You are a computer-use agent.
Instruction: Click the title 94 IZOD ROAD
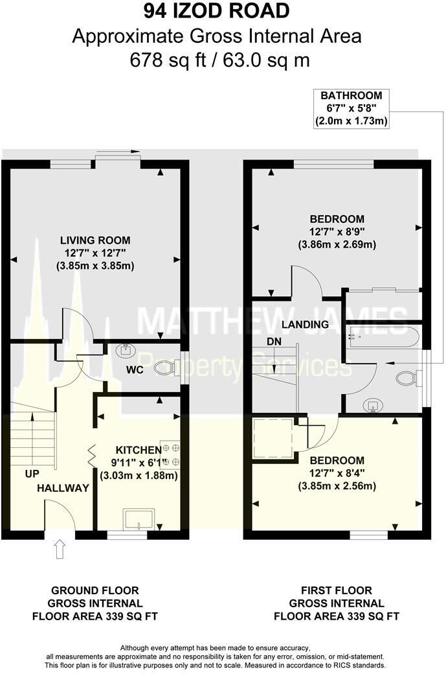[216, 12]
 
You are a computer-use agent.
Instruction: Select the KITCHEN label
[138, 450]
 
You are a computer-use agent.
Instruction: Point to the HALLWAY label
[63, 488]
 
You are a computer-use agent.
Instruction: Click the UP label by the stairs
[32, 474]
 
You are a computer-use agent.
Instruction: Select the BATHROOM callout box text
[351, 108]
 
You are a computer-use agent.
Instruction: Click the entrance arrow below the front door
[60, 550]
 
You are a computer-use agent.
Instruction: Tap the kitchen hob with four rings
[170, 454]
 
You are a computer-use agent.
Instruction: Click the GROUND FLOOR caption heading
[95, 590]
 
